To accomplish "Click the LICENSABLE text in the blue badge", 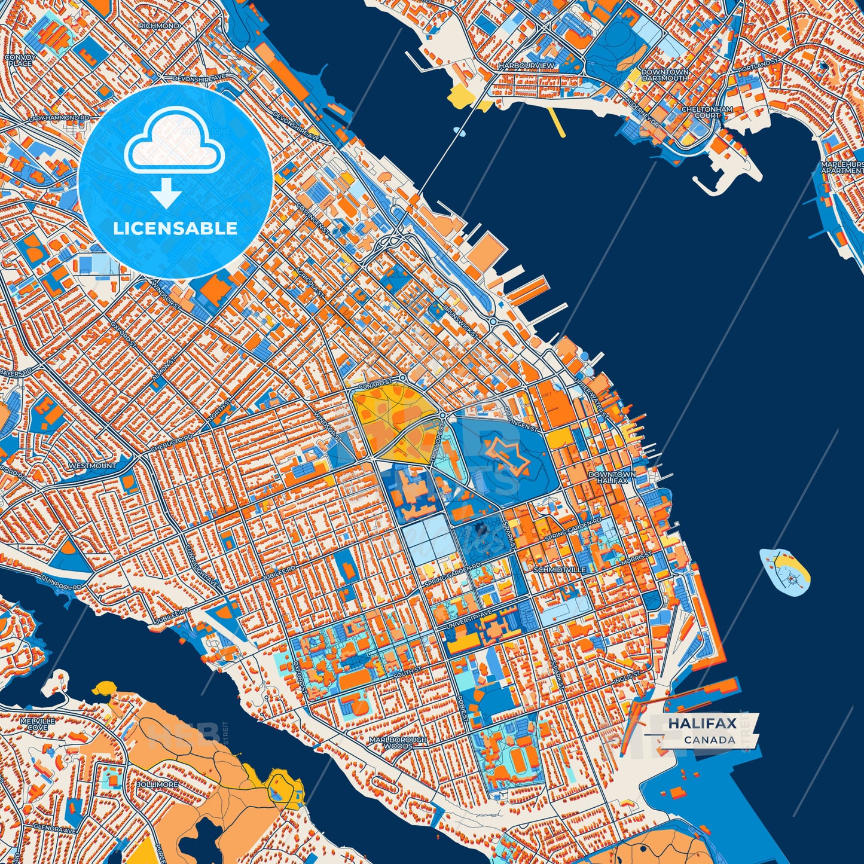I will [176, 228].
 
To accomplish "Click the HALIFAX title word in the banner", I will [702, 723].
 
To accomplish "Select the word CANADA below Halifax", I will [710, 740].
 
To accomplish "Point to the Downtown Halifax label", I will [612, 477].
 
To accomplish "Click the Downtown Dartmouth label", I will [664, 75].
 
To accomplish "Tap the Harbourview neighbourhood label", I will [526, 65].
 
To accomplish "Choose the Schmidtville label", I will [559, 570].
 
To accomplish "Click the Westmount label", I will [92, 465].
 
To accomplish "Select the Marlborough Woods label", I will [398, 743].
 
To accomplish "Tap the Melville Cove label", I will [37, 724].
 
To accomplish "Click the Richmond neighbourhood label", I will [158, 26].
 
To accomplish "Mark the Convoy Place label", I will [20, 60].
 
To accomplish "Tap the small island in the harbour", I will [784, 570].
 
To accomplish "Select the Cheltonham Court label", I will [707, 112].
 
